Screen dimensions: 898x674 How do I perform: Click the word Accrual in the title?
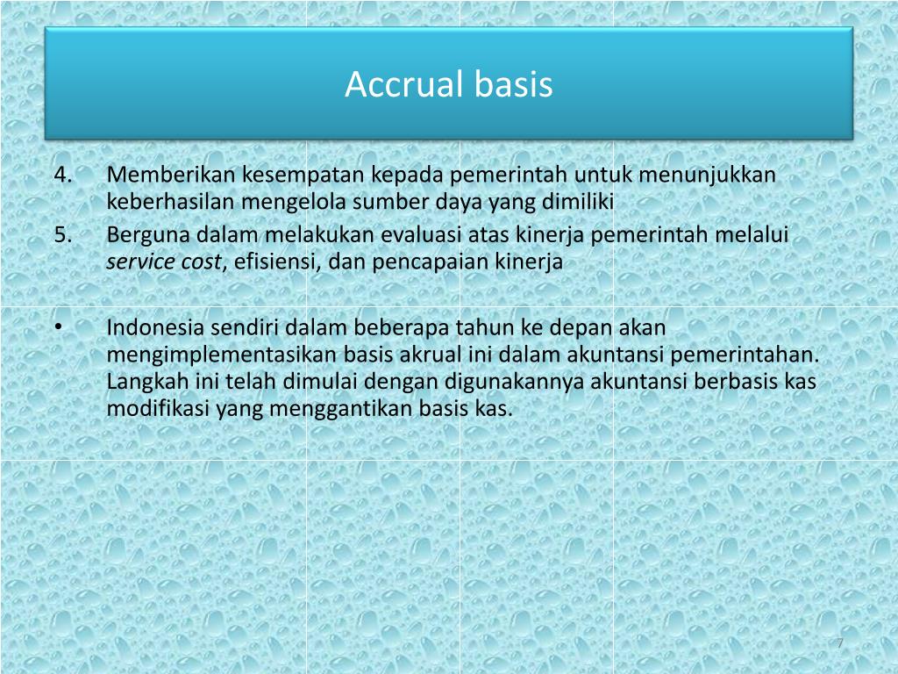pos(403,84)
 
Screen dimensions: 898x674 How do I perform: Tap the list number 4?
pos(63,175)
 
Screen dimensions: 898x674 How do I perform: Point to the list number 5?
pos(63,234)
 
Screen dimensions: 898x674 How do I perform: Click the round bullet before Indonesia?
pos(59,326)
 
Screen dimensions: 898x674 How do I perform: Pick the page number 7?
pos(840,643)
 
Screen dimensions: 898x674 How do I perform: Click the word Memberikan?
pos(171,175)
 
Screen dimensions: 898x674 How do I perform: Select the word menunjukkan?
pos(708,176)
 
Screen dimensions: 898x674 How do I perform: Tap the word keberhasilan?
pos(171,202)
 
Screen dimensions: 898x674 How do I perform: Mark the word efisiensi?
pos(274,262)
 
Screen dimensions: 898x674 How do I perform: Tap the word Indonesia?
pos(155,327)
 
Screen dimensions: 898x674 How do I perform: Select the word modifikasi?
pos(158,408)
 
